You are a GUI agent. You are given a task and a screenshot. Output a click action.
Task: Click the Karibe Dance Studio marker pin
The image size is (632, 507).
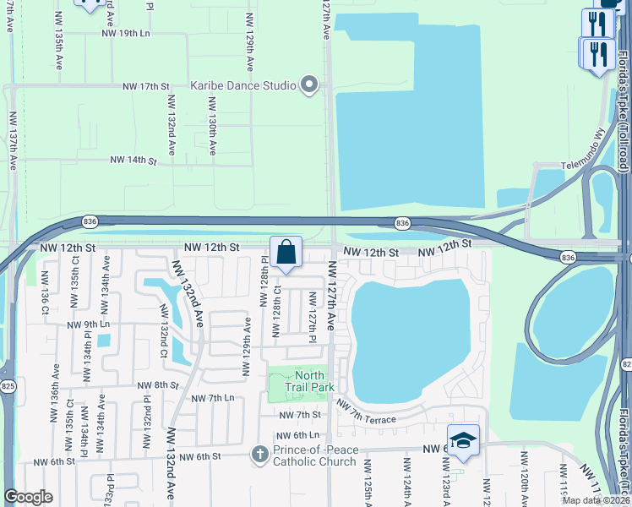(309, 84)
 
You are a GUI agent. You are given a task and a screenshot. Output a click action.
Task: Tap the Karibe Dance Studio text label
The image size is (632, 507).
(242, 85)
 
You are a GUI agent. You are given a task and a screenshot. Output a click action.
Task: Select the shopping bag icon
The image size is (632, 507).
(286, 252)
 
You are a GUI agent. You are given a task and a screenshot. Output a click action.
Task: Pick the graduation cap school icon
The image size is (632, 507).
(463, 439)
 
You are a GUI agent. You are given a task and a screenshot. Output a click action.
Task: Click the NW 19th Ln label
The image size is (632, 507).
(124, 33)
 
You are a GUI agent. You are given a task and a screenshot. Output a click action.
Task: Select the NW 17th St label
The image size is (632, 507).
(146, 86)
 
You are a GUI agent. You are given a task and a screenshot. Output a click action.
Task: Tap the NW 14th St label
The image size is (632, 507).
(133, 160)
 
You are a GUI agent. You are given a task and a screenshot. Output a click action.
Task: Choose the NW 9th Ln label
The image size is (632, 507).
(90, 324)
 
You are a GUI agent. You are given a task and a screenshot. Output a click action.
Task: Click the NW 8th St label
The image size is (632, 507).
(159, 384)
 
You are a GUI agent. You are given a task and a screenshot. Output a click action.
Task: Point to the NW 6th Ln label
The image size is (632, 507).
(295, 435)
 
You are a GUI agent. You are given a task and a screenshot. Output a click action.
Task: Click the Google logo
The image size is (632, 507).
(28, 497)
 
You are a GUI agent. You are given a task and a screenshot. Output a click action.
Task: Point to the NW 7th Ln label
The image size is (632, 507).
(212, 398)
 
